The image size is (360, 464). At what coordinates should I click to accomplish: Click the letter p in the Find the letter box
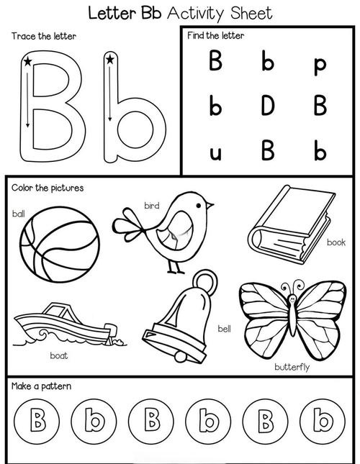point(320,66)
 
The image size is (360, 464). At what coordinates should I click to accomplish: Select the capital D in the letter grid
point(268,105)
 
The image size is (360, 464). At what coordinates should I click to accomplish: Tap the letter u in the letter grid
point(215,153)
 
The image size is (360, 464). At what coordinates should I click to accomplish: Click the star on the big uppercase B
point(27,62)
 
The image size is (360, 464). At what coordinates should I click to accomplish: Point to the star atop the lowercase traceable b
point(110,60)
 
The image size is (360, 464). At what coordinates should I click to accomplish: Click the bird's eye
point(198,205)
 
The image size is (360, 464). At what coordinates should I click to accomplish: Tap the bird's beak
point(210,205)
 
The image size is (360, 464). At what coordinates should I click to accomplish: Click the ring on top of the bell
point(205,283)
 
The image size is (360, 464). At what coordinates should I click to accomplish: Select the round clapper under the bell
point(180,357)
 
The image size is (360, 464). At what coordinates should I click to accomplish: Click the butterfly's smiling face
point(292,299)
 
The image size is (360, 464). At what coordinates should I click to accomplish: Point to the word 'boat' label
point(59,355)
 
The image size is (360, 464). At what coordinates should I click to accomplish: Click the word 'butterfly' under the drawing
point(292,367)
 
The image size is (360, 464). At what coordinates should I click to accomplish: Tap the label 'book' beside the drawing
point(336,242)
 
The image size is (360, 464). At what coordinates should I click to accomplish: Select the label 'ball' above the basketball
point(18,214)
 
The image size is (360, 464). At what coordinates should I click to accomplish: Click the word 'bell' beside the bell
point(224,329)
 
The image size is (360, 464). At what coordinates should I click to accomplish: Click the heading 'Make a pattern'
point(42,386)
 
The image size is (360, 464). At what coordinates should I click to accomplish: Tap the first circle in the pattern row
point(37,421)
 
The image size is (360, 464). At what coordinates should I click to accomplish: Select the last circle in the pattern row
point(323,421)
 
